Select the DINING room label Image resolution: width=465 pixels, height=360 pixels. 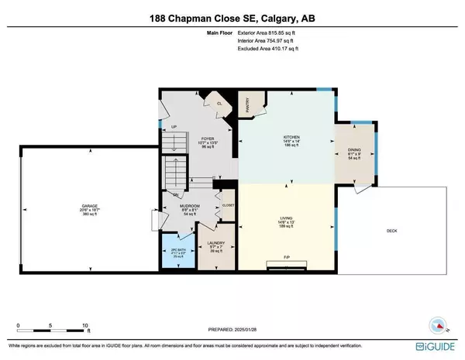[353, 151]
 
